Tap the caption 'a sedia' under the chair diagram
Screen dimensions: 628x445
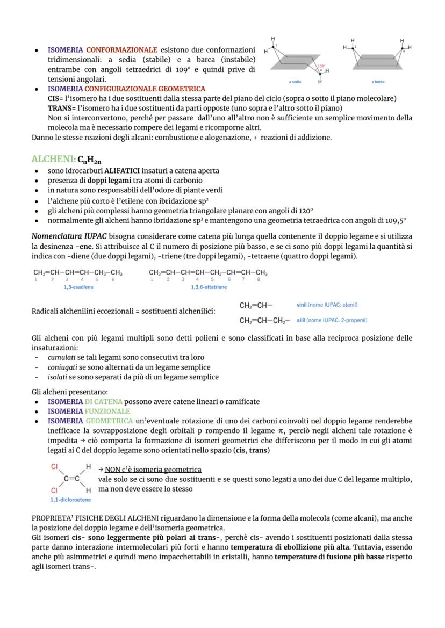point(295,82)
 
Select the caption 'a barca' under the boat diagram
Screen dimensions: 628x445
point(378,82)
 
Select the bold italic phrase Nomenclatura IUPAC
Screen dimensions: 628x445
point(69,236)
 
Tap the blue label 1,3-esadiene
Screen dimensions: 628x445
point(78,287)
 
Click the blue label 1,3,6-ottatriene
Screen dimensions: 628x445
point(209,287)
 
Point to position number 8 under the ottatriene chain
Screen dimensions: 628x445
point(259,279)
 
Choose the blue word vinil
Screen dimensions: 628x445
point(302,305)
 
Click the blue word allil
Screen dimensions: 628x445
point(301,320)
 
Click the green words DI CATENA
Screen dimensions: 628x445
point(103,401)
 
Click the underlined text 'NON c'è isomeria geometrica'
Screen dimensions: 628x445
point(153,469)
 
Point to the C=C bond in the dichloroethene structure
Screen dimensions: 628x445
point(71,478)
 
